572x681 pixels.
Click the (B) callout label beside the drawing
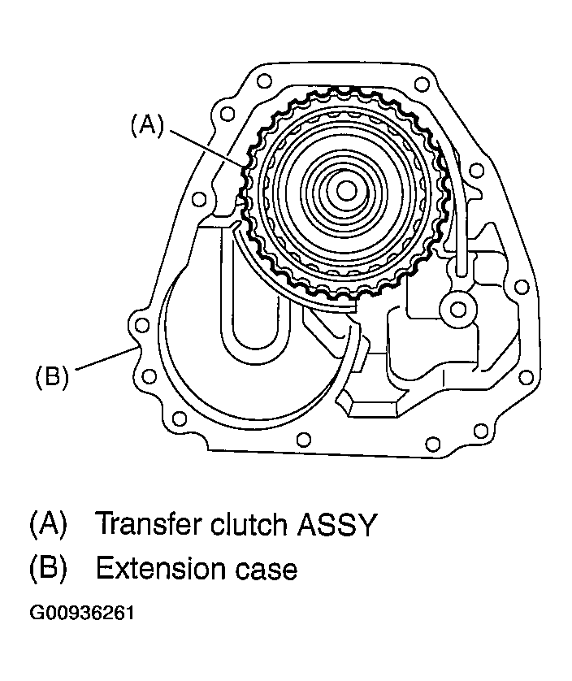(x=50, y=377)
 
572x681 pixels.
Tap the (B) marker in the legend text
(x=46, y=568)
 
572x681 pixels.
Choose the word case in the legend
(x=266, y=569)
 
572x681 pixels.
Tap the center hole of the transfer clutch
(x=345, y=192)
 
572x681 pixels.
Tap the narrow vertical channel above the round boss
(x=461, y=236)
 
